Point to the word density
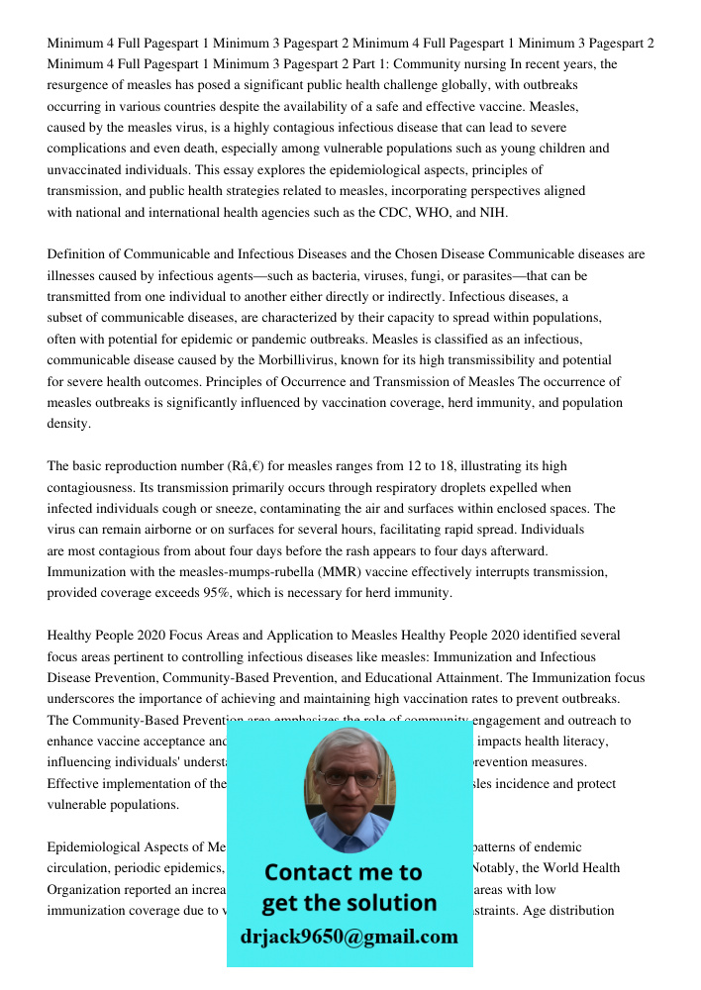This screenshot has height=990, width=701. tap(68, 424)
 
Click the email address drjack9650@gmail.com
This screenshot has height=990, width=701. tap(350, 937)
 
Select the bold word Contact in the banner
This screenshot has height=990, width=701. tap(307, 872)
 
